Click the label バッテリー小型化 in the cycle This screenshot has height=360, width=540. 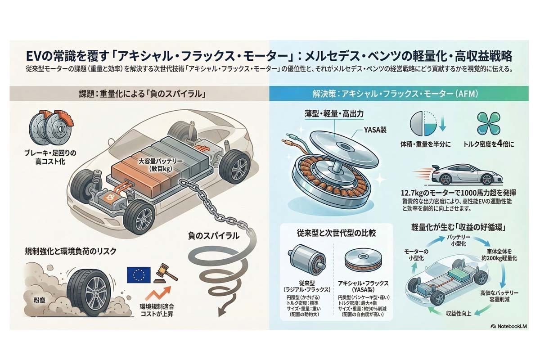[x=458, y=240]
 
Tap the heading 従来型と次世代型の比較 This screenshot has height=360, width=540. [x=336, y=234]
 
